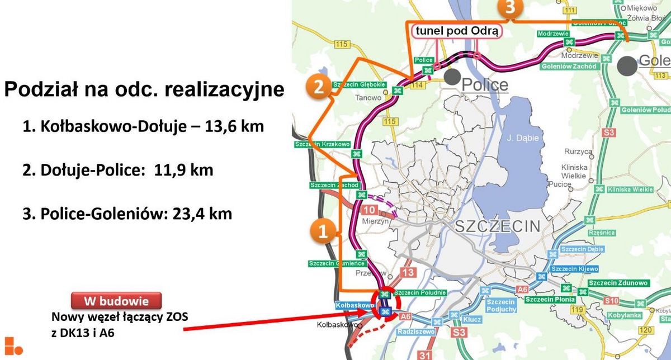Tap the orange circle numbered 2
coord(318,87)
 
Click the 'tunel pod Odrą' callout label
coord(455,31)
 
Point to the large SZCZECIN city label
coord(498,226)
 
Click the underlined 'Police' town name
coord(485,84)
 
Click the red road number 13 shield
coord(409,272)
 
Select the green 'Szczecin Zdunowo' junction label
coord(618,283)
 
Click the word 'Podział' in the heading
coord(39,89)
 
